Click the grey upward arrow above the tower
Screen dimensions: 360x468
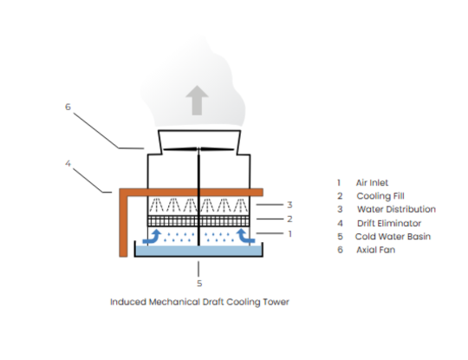(198, 101)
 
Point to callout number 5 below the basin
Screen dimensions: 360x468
(198, 283)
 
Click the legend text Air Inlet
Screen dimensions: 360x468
(373, 183)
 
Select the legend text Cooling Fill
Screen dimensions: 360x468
(380, 196)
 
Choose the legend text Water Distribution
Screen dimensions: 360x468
(395, 209)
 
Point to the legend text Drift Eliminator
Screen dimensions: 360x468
(388, 223)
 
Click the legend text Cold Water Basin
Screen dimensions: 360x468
(392, 236)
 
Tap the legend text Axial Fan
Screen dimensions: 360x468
(374, 250)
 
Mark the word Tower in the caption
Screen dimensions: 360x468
(275, 303)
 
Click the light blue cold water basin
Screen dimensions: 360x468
(198, 251)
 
